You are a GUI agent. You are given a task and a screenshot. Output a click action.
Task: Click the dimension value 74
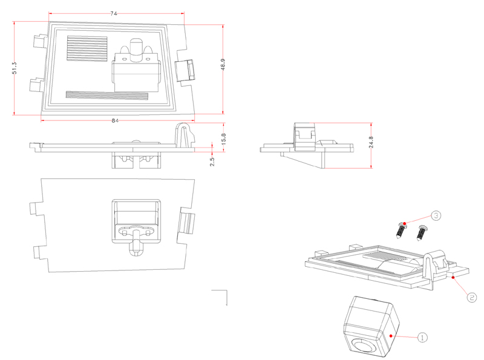click(x=114, y=13)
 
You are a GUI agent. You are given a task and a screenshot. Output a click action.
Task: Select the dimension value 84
click(x=115, y=120)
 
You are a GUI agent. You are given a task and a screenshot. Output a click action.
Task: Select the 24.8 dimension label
click(x=371, y=143)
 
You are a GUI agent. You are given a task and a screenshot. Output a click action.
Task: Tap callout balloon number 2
click(x=472, y=296)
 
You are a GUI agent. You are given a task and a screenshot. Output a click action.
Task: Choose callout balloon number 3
click(x=436, y=215)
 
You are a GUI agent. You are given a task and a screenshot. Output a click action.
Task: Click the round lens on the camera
click(x=364, y=347)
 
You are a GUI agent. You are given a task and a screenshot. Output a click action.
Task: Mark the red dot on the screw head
click(x=405, y=224)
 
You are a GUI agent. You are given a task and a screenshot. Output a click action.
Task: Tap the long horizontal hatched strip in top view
click(x=106, y=95)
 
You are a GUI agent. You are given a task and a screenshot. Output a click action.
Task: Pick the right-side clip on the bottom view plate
click(x=188, y=223)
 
